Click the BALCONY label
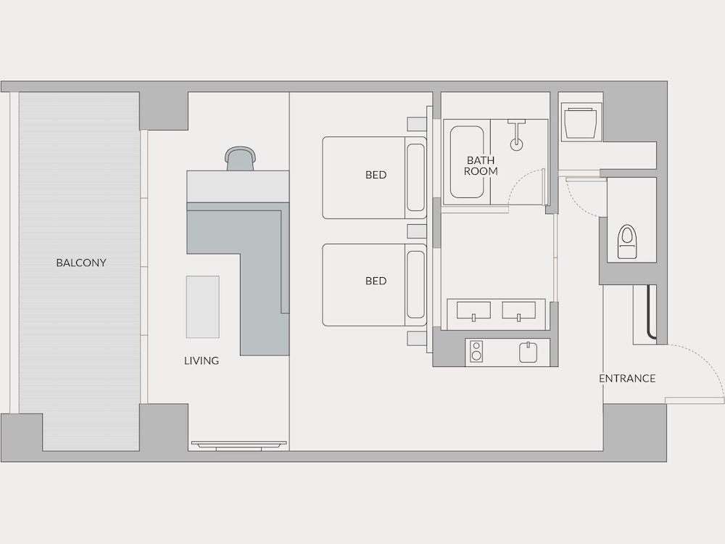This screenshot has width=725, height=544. [x=81, y=263]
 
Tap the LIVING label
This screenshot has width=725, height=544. [x=201, y=360]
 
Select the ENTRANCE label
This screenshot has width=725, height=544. [x=627, y=379]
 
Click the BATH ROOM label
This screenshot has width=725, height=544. [x=481, y=165]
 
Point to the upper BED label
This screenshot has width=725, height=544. [x=376, y=175]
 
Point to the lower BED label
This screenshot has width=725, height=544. [x=376, y=281]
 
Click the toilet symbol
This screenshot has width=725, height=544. [x=627, y=242]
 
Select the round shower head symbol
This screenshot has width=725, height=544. [x=516, y=144]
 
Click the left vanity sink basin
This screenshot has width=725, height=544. [x=473, y=310]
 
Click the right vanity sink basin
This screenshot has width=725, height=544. [x=519, y=310]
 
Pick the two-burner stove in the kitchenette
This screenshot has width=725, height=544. [x=476, y=351]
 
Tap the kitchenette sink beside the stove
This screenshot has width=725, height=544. [x=528, y=352]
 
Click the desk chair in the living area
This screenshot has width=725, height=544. [x=239, y=158]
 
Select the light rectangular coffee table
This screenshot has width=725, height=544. [x=202, y=307]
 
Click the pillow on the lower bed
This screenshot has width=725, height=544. [x=415, y=284]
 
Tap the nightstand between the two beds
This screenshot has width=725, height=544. [x=417, y=231]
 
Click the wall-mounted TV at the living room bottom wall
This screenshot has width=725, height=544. [x=239, y=445]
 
